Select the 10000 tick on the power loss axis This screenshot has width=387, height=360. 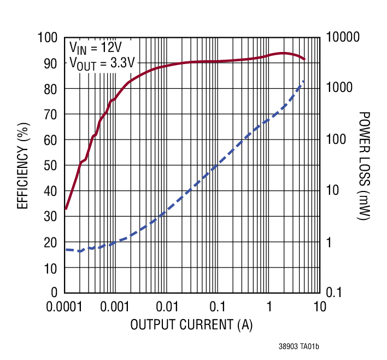343,38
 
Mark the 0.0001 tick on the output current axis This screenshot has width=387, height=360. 65,306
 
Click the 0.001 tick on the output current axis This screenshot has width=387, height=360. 116,306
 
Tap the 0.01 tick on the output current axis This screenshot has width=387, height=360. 167,306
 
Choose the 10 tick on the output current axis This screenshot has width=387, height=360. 320,306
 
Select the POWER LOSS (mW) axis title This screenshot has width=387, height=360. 363,165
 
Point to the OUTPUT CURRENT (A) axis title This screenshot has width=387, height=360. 191,325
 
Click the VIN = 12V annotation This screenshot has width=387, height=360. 96,47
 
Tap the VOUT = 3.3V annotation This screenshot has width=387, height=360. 102,62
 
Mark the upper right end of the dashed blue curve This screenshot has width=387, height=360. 304,81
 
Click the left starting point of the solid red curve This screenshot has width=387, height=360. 66,208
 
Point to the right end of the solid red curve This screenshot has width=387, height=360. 304,59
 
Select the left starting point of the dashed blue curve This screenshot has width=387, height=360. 66,249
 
